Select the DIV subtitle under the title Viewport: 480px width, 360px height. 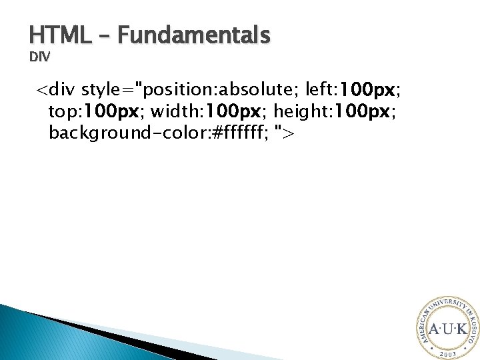[x=39, y=57]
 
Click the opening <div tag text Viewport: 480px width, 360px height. [x=55, y=89]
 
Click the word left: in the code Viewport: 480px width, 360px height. [x=320, y=89]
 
